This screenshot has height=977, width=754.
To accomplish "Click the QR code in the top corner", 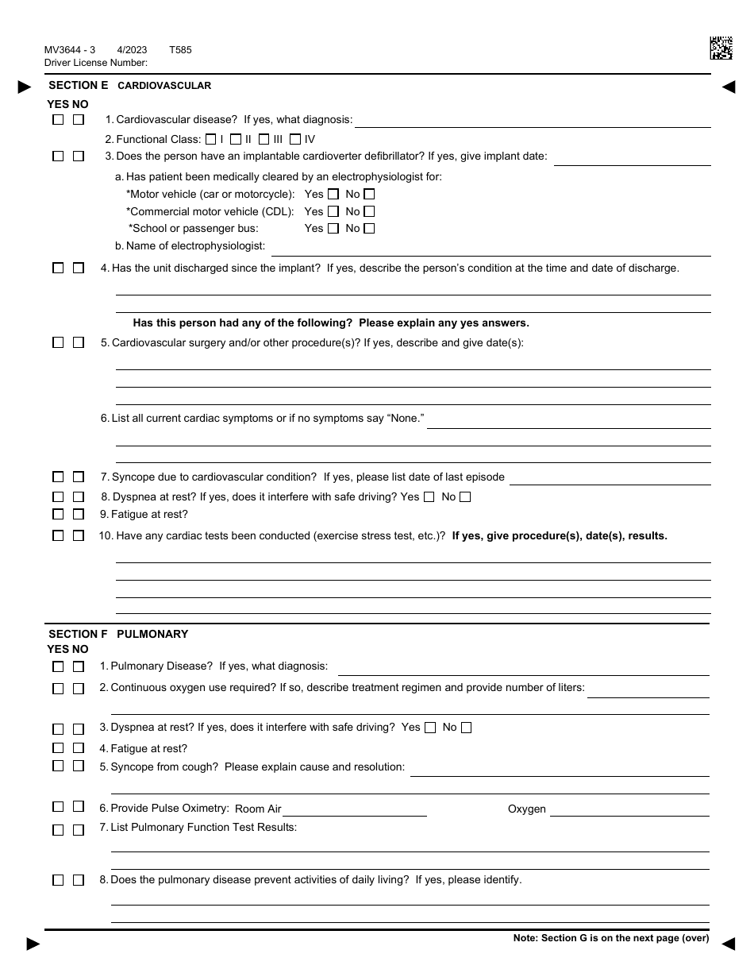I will point(721,48).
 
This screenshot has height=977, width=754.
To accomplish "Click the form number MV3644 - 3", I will point(70,50).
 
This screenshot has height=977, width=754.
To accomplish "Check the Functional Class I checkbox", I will point(210,139).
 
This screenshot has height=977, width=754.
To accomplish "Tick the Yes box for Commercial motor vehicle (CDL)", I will point(333,211).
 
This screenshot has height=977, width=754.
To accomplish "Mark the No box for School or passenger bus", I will point(368,229).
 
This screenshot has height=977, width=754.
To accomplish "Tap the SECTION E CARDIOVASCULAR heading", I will point(129,86).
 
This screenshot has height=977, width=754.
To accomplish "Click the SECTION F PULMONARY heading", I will point(118,634).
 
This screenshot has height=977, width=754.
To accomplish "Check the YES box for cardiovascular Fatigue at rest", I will point(58,515).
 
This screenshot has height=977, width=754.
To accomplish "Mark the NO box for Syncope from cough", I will point(79,767).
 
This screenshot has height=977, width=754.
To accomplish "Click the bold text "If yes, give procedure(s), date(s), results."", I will point(560,536).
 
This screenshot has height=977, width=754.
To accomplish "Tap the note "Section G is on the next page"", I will point(611,938).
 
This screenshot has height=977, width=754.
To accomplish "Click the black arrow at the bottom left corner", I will point(33,944).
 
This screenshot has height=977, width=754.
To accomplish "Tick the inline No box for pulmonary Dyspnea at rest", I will point(466,728).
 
